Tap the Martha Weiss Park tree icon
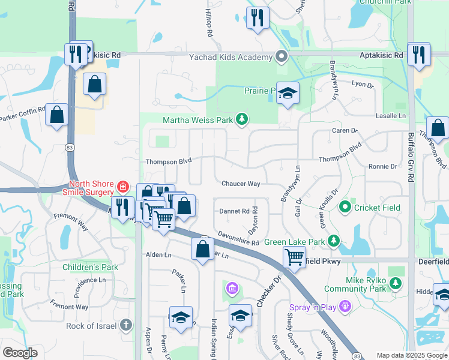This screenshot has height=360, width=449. pos(241,120)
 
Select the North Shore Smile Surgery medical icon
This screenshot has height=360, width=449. pos(122,187)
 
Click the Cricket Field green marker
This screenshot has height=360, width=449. pos(345,208)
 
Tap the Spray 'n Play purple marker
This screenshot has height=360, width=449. pos(344,308)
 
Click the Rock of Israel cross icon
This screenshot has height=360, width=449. pos(125,326)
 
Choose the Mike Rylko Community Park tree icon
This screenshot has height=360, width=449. pos(395,283)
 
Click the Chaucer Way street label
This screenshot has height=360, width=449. pos(241,184)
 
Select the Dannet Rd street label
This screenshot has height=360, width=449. pos(234,211)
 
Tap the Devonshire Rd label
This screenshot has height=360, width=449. pos(238,238)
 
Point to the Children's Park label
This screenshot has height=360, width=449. pos(92,266)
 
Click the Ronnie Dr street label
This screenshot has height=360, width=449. pos(383,166)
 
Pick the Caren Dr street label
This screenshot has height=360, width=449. pos(345,130)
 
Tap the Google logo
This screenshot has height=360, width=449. pos(20,353)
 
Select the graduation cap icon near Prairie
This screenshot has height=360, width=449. pos(288,92)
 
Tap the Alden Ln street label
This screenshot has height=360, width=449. pos(158,254)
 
